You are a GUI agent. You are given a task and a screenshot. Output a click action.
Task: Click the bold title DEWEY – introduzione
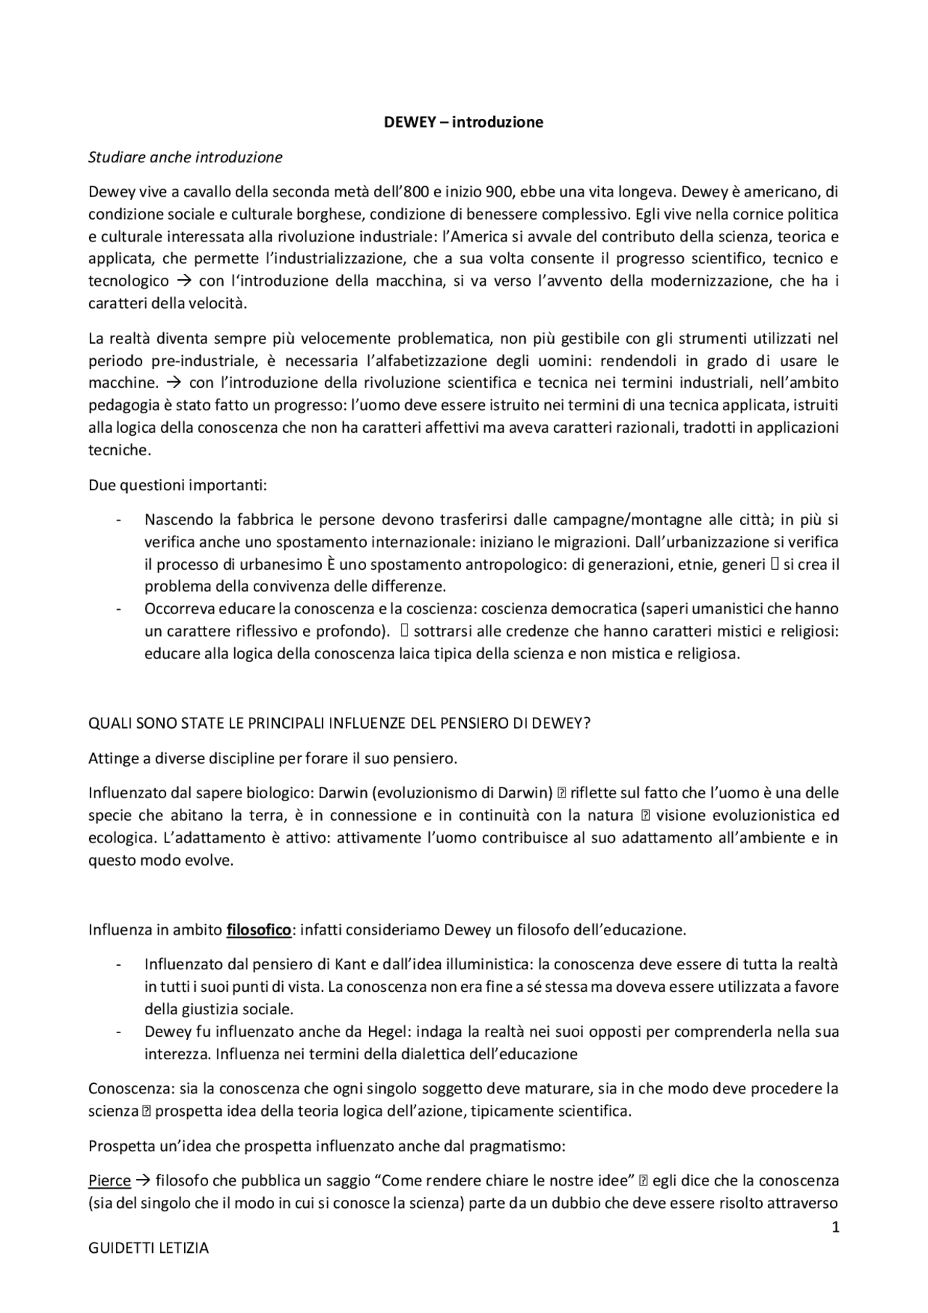(463, 122)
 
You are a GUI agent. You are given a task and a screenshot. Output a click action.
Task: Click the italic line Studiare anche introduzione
(185, 157)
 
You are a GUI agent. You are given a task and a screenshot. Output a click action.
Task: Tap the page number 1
(835, 1227)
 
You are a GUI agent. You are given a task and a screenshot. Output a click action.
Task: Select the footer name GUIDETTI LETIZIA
(148, 1248)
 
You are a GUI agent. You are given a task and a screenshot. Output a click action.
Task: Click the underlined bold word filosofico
(258, 929)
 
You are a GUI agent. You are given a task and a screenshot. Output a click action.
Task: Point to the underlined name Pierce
(109, 1180)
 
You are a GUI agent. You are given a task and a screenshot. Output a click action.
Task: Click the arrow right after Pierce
(143, 1180)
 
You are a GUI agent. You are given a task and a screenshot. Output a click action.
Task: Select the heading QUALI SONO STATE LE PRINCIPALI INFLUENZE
(339, 724)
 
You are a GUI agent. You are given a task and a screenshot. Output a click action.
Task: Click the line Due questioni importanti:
(178, 484)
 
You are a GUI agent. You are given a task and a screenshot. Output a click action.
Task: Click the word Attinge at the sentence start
(112, 758)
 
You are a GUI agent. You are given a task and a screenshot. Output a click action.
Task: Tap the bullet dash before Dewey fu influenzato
(117, 1031)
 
